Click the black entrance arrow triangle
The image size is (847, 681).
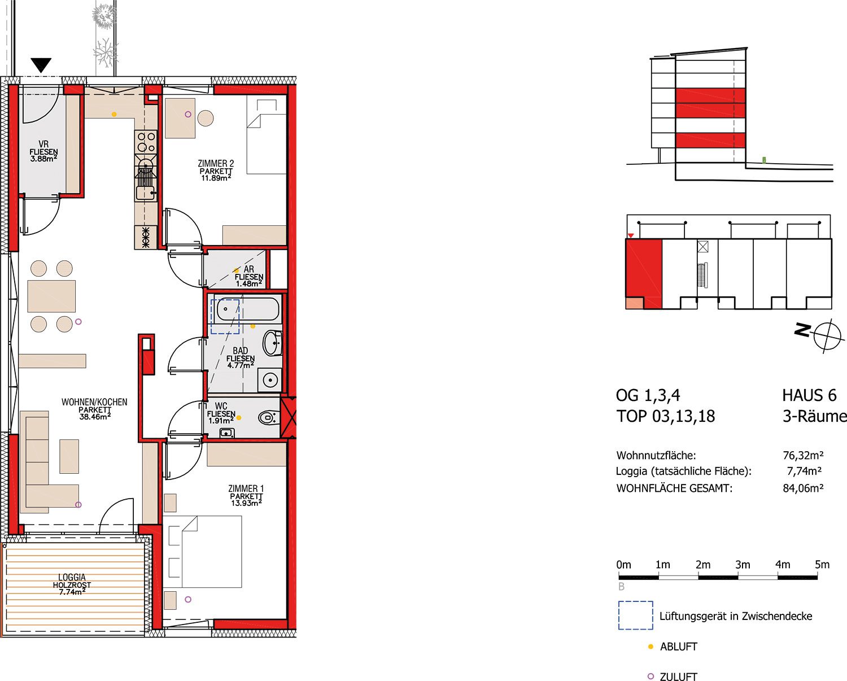tap(41, 65)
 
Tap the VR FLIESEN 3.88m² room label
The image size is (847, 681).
tap(43, 151)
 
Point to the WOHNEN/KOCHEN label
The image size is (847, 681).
tap(94, 402)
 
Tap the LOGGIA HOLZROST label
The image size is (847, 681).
tap(72, 581)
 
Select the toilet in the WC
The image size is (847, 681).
tap(269, 417)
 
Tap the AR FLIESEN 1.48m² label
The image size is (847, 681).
tap(249, 276)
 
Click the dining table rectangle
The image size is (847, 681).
tap(51, 296)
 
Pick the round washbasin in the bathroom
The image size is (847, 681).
tap(272, 343)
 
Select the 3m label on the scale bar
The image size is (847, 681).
tap(743, 565)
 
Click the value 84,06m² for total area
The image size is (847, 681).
tap(804, 488)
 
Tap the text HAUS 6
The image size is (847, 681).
tap(809, 396)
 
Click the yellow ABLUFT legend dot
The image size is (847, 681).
tap(650, 647)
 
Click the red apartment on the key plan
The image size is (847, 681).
tap(644, 273)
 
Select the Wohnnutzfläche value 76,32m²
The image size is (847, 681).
tap(804, 456)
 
